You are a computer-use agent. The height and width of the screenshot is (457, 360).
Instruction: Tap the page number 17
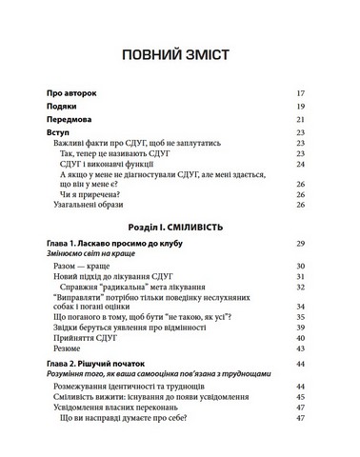click(300, 93)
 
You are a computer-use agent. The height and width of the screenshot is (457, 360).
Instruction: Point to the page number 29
click(300, 245)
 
